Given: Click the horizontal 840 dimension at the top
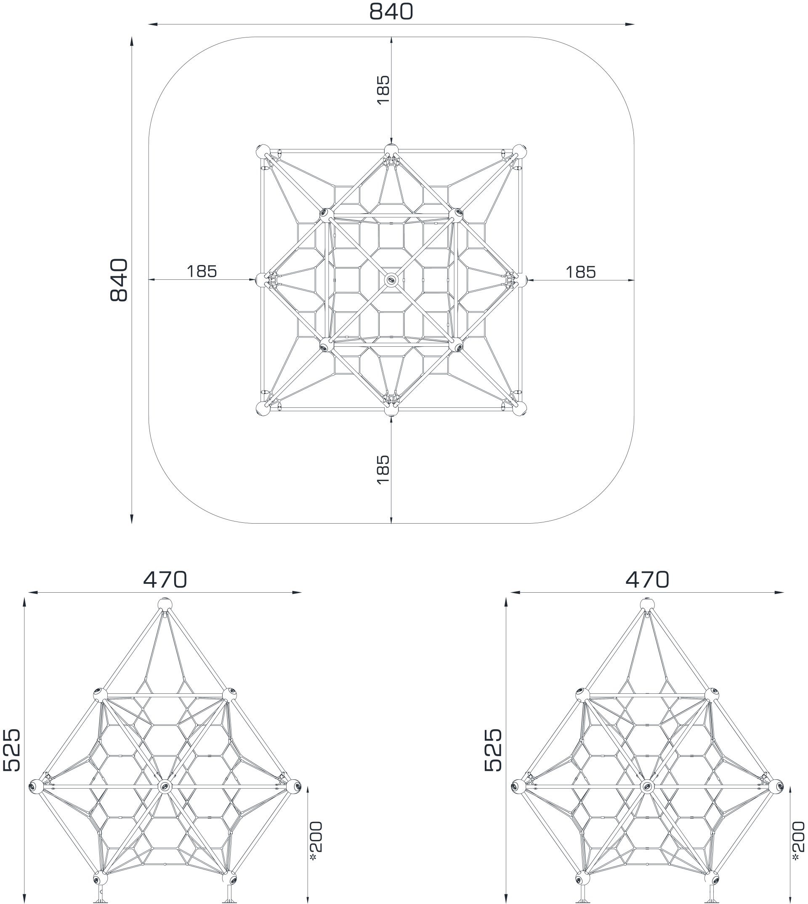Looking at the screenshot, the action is point(391,12).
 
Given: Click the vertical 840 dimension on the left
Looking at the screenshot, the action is point(119,280).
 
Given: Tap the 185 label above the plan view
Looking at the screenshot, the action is point(383,90).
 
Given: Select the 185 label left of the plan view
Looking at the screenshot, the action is point(202,271).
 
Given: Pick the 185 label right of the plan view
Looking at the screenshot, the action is point(581,272).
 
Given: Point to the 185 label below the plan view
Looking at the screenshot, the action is point(383,469).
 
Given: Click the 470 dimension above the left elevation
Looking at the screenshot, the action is point(165,580).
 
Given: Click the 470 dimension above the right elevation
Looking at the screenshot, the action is point(647,580).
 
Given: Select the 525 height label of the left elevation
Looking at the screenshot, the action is point(11,750).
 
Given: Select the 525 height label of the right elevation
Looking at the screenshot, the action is point(493,750).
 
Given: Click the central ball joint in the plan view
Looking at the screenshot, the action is point(391,280).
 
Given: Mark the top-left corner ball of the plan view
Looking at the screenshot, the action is point(263,152).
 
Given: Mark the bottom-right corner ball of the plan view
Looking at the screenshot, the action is point(519,409).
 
